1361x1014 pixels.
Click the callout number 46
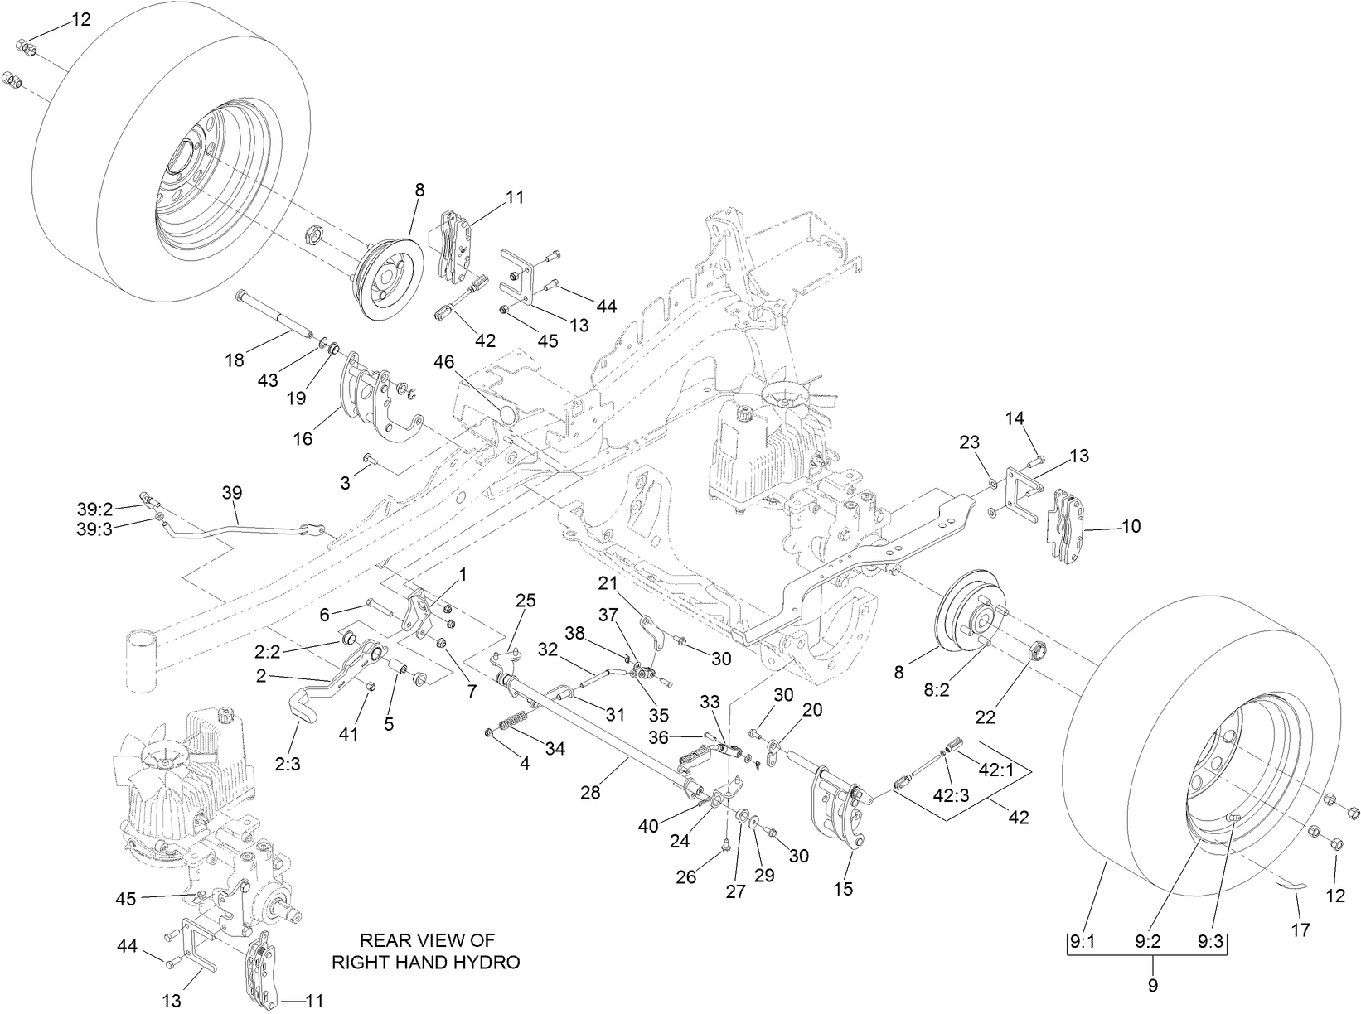pos(443,361)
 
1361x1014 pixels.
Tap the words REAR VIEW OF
pos(426,940)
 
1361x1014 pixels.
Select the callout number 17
pos(1300,930)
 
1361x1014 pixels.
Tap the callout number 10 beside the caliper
pos(1131,526)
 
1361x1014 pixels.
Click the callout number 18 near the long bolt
pos(235,360)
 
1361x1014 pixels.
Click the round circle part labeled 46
pos(507,413)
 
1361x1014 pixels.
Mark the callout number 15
pos(842,889)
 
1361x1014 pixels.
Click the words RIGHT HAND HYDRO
pos(426,962)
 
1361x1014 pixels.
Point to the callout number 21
pos(608,583)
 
